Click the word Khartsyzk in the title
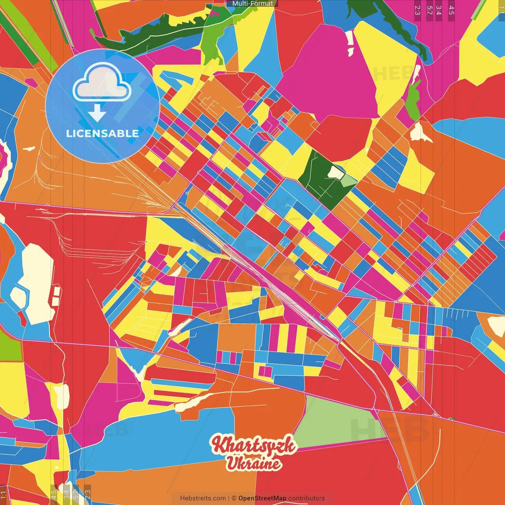click(x=253, y=445)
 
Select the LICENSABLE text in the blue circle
click(x=103, y=133)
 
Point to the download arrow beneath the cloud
click(x=97, y=113)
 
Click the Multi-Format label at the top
click(x=252, y=4)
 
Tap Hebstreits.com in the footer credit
click(x=203, y=498)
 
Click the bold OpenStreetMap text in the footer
click(x=262, y=498)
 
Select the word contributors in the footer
click(x=306, y=498)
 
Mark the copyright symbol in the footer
click(x=234, y=498)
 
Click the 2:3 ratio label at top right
click(x=417, y=10)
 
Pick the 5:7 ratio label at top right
click(x=429, y=10)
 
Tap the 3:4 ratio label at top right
click(x=439, y=10)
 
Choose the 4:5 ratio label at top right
click(x=451, y=10)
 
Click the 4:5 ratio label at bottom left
click(x=54, y=494)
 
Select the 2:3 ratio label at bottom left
click(x=88, y=494)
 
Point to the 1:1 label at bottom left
click(x=4, y=494)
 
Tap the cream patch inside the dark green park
click(x=336, y=172)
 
